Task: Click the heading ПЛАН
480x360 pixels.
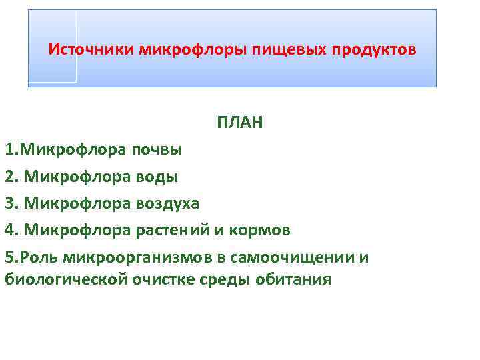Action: [239, 123]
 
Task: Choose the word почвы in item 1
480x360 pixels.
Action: [157, 149]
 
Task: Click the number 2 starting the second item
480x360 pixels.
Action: [9, 177]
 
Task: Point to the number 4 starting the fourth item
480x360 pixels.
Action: [9, 231]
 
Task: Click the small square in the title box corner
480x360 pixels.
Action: [52, 47]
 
